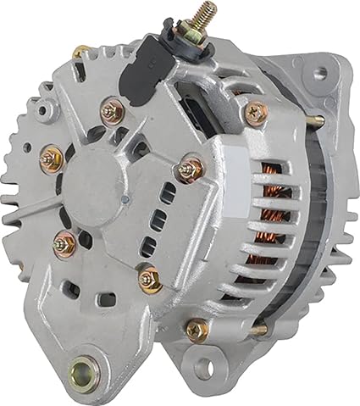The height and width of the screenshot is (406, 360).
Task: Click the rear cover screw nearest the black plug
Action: coord(112,109)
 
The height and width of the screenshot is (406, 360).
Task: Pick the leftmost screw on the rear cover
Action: coord(52,156)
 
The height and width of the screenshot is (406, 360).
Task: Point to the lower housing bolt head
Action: coord(197,329)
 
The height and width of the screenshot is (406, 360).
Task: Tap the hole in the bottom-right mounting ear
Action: coord(201,367)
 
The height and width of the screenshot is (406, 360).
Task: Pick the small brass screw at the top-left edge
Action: coord(80,53)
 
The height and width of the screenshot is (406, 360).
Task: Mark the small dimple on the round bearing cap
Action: coord(125,199)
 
